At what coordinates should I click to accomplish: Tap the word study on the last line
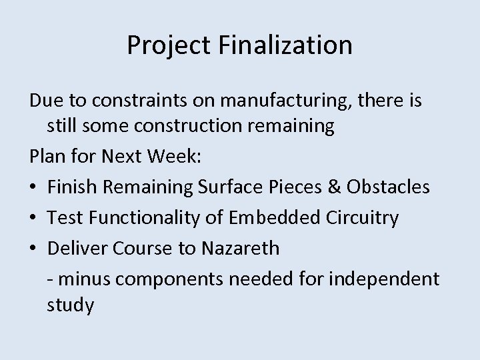point(70,307)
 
